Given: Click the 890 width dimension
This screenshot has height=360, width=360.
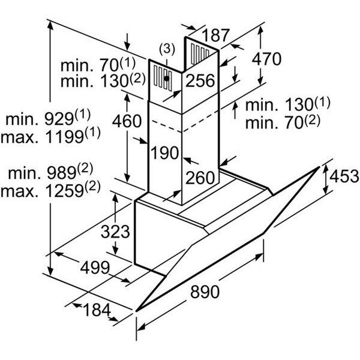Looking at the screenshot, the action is click(x=205, y=292).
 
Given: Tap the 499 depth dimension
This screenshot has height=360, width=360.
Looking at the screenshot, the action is click(x=95, y=268).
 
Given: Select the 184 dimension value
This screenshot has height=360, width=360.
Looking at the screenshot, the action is click(x=97, y=310).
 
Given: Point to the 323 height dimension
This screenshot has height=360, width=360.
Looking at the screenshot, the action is click(x=115, y=232).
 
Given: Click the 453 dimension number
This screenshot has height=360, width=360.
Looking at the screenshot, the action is click(x=344, y=176).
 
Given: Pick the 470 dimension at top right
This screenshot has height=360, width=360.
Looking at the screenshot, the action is click(x=266, y=59).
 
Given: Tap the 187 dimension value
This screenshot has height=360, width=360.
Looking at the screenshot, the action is click(x=216, y=35).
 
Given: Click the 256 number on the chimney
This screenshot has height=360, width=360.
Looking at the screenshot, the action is click(x=200, y=80).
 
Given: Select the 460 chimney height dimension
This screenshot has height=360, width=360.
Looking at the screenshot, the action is click(x=127, y=121).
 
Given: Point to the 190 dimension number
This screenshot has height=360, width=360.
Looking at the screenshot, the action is click(x=165, y=153).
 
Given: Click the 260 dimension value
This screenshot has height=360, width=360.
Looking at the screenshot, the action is click(x=200, y=178).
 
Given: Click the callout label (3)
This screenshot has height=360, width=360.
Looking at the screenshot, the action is click(x=167, y=49).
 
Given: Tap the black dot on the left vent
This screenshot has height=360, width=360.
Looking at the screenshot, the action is click(x=167, y=79).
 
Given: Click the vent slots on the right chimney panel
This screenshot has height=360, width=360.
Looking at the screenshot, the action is click(x=200, y=54).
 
